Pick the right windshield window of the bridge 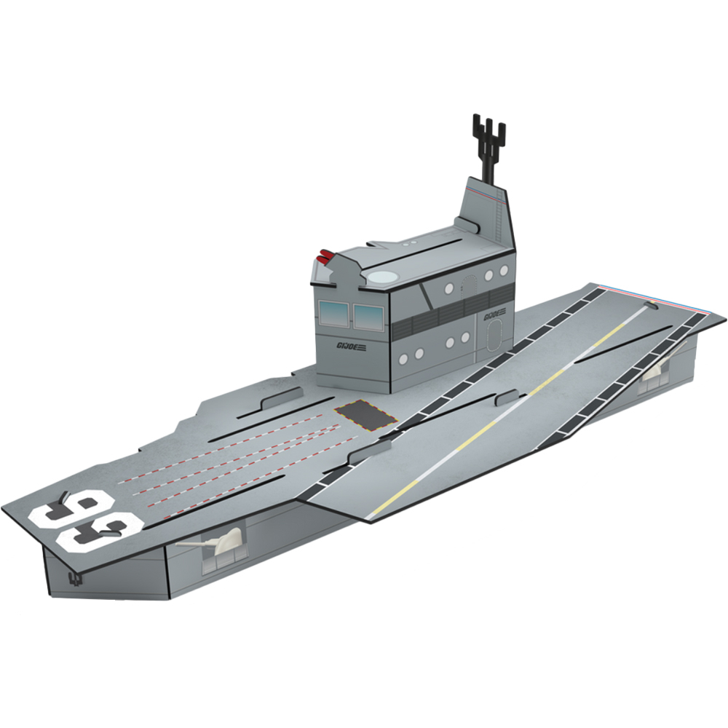point(368,316)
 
